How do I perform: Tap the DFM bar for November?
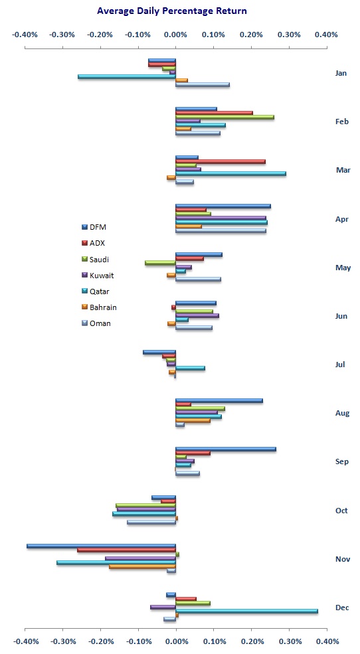pyautogui.click(x=101, y=546)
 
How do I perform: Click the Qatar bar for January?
pyautogui.click(x=127, y=76)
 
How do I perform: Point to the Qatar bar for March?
pyautogui.click(x=230, y=173)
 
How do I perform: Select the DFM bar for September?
pyautogui.click(x=225, y=449)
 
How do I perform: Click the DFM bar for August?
pyautogui.click(x=219, y=400)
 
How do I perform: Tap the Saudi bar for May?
pyautogui.click(x=160, y=263)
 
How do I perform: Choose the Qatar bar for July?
pyautogui.click(x=190, y=367)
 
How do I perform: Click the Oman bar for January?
pyautogui.click(x=202, y=84)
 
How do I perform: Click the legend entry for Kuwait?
pyautogui.click(x=99, y=275)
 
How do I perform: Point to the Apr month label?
pyautogui.click(x=341, y=218)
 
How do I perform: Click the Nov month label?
pyautogui.click(x=342, y=559)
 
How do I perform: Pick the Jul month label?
pyautogui.click(x=341, y=365)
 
